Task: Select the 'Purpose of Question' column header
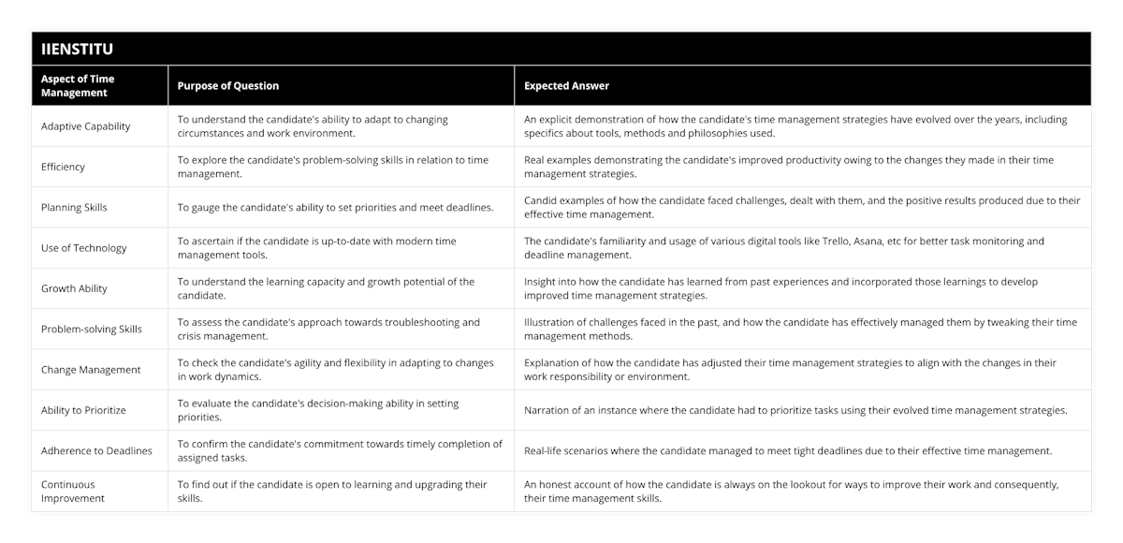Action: (228, 86)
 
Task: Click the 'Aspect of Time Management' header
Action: (80, 86)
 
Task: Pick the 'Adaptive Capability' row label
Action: (86, 126)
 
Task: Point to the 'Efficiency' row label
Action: (63, 167)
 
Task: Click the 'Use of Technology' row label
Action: (84, 248)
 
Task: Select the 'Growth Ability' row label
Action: (75, 288)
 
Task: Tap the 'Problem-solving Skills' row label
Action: (92, 329)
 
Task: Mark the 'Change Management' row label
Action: (91, 370)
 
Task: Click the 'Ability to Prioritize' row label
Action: (83, 410)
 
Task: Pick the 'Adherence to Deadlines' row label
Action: (96, 450)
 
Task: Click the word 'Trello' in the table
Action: (825, 242)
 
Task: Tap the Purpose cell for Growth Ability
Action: (326, 288)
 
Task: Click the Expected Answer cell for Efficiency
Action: (788, 167)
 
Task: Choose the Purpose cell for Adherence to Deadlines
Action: (340, 450)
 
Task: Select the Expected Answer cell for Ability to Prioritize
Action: (795, 410)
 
